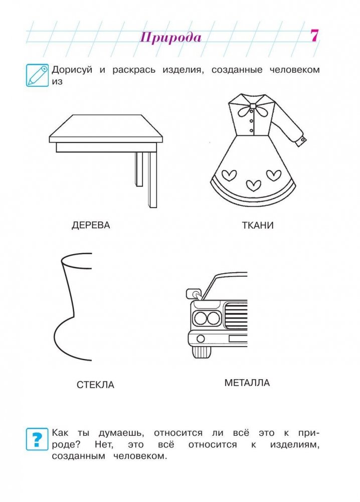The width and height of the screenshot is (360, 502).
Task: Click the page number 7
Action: coord(314,35)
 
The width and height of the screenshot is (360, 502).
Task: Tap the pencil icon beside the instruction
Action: coord(37,75)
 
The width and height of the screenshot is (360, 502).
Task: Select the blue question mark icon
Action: coord(37,439)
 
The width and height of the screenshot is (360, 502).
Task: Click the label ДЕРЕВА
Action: coord(91,225)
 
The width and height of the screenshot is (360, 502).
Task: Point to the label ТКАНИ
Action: coord(258,225)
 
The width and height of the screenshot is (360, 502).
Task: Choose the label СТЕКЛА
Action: coord(95,385)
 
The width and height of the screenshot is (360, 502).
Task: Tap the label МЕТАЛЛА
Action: coord(247,383)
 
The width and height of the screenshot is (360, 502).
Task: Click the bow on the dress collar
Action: coord(248,111)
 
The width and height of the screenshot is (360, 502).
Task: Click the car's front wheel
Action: coord(202,352)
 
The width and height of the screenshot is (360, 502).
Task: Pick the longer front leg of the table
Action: coord(152,180)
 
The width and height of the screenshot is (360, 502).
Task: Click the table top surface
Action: coord(106,126)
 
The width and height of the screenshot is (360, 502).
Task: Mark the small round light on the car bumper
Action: coord(201,339)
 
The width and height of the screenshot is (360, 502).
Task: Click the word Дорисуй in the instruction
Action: coord(72,70)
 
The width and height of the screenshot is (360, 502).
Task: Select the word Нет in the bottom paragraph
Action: coord(104,445)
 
